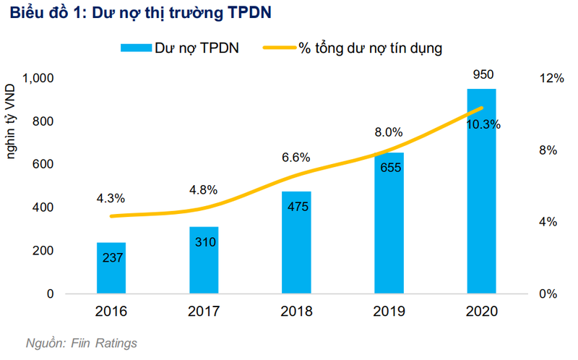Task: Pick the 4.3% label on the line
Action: pos(111,197)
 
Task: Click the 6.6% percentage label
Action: pos(296,157)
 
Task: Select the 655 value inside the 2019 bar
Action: pos(389,169)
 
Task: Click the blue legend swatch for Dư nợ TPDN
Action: pos(134,48)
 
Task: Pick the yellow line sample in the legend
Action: pos(278,48)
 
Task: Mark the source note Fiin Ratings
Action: pos(81,343)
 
